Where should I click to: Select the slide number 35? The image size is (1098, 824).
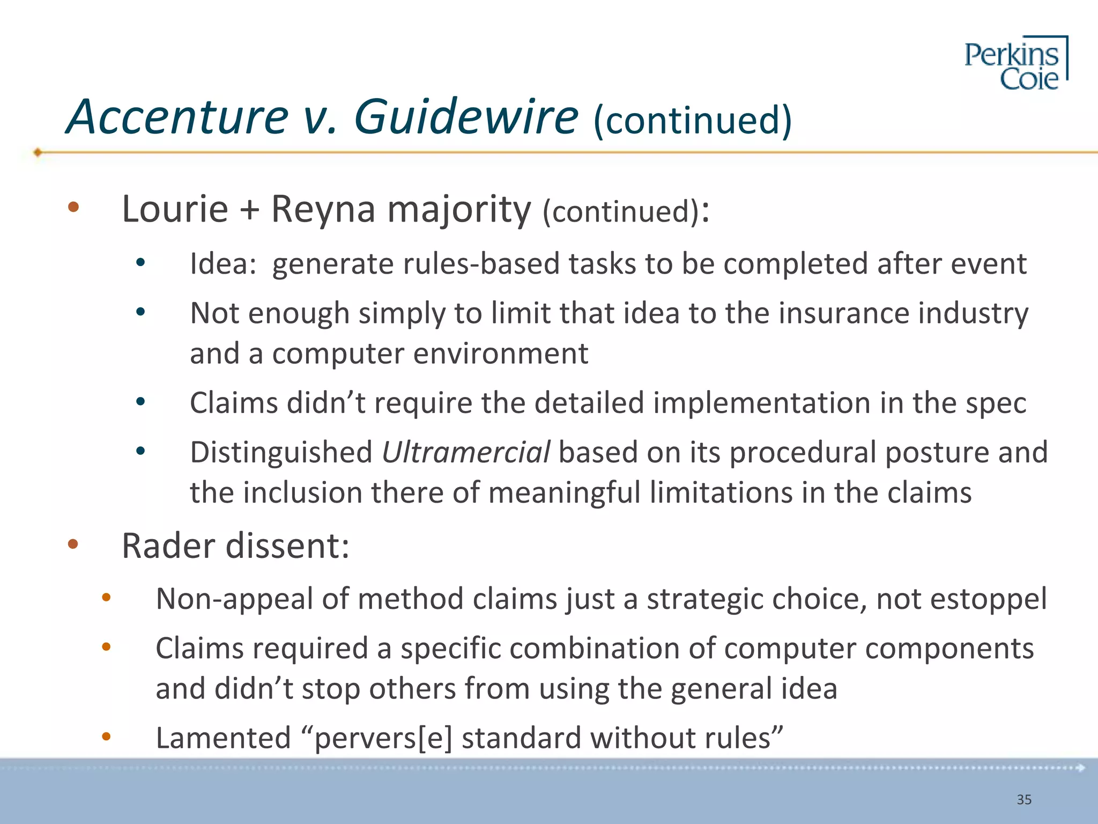pyautogui.click(x=1024, y=800)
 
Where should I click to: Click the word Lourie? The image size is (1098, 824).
pyautogui.click(x=175, y=209)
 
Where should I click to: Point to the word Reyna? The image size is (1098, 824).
pyautogui.click(x=323, y=209)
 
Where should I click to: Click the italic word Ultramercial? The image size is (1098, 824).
pyautogui.click(x=465, y=452)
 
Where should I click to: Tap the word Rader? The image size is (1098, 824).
pyautogui.click(x=169, y=546)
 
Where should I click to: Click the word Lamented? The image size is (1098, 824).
pyautogui.click(x=223, y=738)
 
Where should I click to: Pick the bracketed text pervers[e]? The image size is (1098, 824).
pyautogui.click(x=383, y=738)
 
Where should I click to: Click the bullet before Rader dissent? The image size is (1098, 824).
pyautogui.click(x=73, y=545)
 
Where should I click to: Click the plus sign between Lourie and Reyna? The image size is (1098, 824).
pyautogui.click(x=249, y=209)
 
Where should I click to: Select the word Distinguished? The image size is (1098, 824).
pyautogui.click(x=281, y=452)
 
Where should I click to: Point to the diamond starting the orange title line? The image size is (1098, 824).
pyautogui.click(x=38, y=152)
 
